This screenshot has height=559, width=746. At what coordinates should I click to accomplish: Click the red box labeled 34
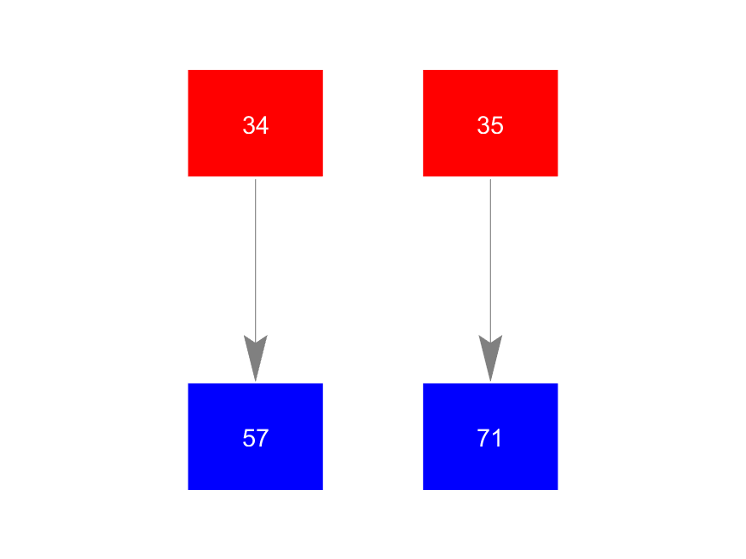click(256, 123)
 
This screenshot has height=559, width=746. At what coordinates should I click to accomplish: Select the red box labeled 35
click(490, 123)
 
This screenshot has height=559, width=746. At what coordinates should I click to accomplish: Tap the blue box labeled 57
click(256, 436)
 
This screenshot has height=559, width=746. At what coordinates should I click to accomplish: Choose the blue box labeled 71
click(490, 436)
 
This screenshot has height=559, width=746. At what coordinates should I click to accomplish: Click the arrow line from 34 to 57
click(256, 280)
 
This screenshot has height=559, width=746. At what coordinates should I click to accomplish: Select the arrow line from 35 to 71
click(490, 280)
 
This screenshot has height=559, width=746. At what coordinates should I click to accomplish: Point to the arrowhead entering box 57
click(256, 358)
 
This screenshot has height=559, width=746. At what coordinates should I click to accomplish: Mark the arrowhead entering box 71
click(490, 358)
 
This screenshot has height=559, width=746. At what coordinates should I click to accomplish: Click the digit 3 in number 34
click(249, 125)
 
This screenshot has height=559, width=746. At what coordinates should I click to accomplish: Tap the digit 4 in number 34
click(263, 125)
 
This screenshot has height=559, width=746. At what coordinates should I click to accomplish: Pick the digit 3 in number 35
click(483, 125)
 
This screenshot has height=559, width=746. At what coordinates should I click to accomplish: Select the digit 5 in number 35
click(497, 125)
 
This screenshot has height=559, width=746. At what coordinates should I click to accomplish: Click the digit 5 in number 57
click(249, 438)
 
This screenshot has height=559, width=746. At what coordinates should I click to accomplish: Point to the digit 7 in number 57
click(263, 438)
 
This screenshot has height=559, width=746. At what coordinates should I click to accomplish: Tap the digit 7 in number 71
click(483, 438)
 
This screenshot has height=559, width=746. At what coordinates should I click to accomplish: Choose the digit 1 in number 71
click(496, 438)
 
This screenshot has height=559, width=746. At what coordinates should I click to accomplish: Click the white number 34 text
click(256, 125)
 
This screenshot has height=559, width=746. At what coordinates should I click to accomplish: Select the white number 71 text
click(489, 438)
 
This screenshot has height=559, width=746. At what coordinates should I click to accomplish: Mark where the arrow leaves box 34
click(256, 179)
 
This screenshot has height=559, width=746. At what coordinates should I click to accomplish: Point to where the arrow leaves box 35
click(490, 179)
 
